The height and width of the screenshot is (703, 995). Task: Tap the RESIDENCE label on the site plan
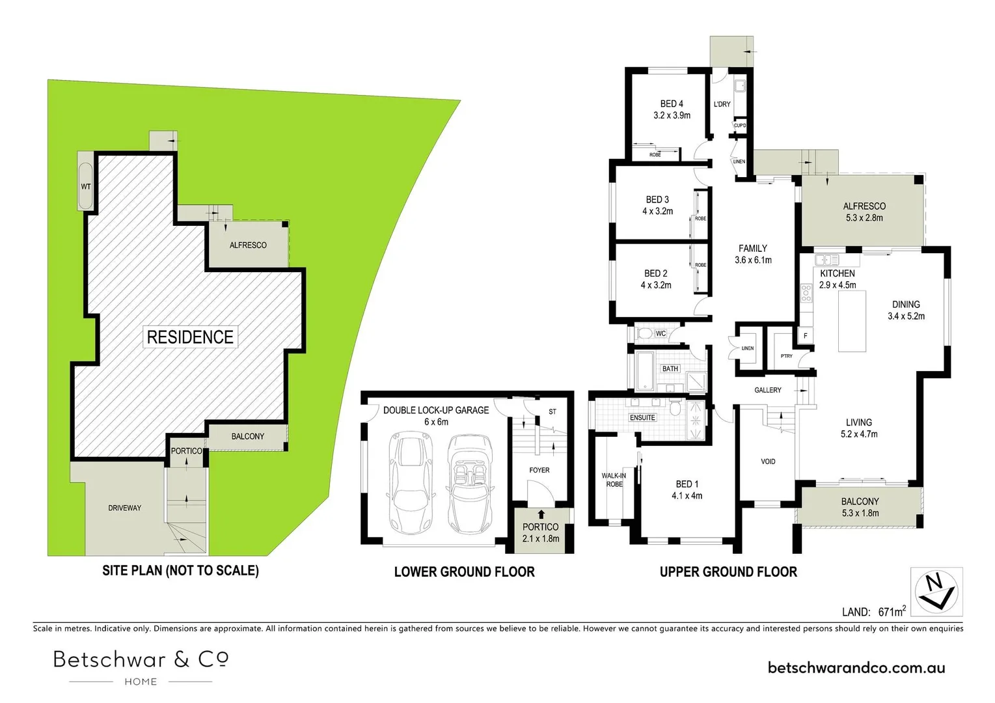[x=190, y=337]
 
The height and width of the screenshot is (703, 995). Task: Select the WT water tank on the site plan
[x=86, y=186]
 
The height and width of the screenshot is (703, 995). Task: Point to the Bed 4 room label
[x=672, y=109]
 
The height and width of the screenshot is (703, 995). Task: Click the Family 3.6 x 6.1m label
[x=753, y=254]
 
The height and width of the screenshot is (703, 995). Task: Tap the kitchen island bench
[x=852, y=321]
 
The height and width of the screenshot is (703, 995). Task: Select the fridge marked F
[x=805, y=336]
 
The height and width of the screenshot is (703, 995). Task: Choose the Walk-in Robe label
[x=614, y=480]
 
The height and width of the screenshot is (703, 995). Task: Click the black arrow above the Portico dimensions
[x=541, y=514]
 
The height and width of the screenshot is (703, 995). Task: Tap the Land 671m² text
[x=873, y=611]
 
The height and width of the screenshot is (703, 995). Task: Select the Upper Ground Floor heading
[x=728, y=572]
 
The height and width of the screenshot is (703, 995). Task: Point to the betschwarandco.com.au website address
[x=856, y=667]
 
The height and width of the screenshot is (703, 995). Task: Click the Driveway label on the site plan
[x=124, y=508]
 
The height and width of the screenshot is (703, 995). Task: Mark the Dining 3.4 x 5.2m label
[x=906, y=310]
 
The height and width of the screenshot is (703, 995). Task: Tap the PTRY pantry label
[x=786, y=356]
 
